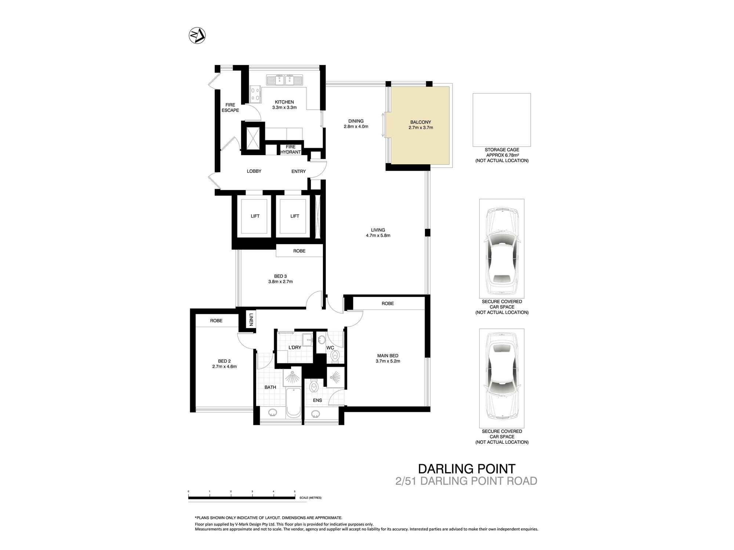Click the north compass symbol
tap(197, 36)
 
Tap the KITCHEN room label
tap(284, 102)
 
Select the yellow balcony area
tap(420, 125)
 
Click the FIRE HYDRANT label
tap(291, 150)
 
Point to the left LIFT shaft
tap(255, 216)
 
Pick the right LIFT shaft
tap(295, 216)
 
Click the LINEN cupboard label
tap(251, 319)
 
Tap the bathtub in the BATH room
tap(293, 402)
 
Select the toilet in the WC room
tap(335, 355)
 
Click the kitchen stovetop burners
tap(255, 94)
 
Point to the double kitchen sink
tap(285, 80)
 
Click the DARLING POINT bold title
tap(467, 469)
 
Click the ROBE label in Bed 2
tap(216, 321)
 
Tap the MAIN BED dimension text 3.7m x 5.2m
tap(388, 361)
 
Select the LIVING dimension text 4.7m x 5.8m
tap(378, 235)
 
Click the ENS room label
tap(317, 400)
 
